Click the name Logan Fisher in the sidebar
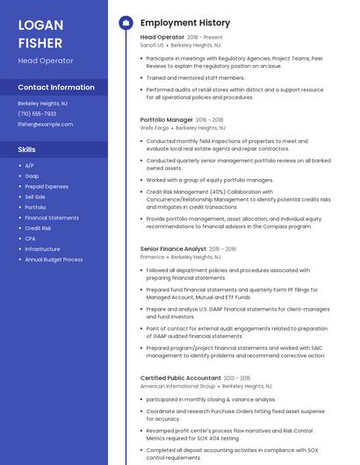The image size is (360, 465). coord(41,33)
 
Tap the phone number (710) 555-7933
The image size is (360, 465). coord(37,113)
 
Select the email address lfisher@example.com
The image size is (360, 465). coord(46,124)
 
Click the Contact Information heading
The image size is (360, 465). coord(56,88)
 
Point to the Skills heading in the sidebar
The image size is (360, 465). coord(27,149)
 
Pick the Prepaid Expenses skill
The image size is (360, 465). coord(47,186)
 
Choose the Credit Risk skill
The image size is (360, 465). coord(38,228)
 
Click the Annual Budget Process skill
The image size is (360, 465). coord(54,260)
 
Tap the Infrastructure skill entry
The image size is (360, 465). coord(42,249)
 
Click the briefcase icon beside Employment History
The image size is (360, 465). coord(126,23)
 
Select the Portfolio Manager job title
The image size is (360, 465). coord(167,119)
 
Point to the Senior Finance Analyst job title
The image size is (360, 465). coord(173,249)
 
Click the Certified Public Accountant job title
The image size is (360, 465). coord(180,378)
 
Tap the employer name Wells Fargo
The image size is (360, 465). coord(153,128)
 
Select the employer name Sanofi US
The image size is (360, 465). coord(152,45)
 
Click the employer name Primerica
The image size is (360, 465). coord(153,257)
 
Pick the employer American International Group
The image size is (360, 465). coord(177,386)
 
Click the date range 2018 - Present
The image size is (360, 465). coord(205,37)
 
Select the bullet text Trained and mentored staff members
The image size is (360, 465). coord(195,77)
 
